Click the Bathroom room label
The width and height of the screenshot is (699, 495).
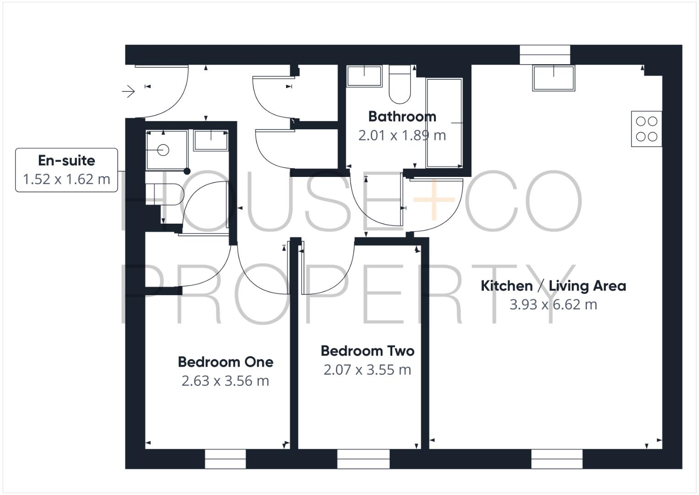pos(402,116)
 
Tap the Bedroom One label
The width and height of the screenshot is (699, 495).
pos(226,362)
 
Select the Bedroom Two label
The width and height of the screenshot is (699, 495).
pos(368,351)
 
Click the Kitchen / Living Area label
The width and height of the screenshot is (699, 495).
pos(553,286)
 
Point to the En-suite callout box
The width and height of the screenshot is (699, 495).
pos(67,170)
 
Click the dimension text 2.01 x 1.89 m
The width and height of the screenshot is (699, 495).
pos(402,135)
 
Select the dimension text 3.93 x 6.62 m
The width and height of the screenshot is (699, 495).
pos(553,304)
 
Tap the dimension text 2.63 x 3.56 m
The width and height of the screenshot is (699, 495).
pos(225,381)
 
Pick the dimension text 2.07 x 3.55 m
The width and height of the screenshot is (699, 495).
pos(367,370)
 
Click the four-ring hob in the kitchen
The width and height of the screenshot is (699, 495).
pos(646,129)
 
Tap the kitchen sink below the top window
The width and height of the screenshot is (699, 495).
pos(553,78)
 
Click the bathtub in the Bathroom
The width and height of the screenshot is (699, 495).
pos(444,123)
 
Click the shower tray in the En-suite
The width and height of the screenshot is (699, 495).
pos(166,150)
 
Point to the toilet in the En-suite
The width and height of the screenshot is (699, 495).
pos(164,194)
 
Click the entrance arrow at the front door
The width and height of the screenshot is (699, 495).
pos(128,92)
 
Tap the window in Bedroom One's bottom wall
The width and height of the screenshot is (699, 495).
pos(225,459)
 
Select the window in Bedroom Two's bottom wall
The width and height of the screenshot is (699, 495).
pos(363,459)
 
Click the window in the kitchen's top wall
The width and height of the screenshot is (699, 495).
pos(545,55)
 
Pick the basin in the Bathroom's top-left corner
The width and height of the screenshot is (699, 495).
pos(364,76)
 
